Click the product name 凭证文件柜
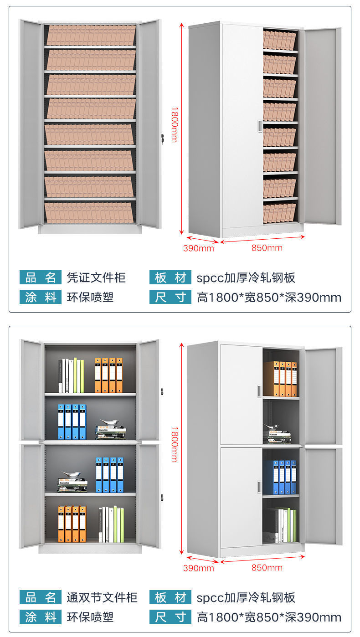tap(96, 277)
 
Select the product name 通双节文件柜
tap(102, 597)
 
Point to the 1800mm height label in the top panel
tap(174, 124)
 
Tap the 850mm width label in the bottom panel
tap(267, 568)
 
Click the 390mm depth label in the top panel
tap(198, 248)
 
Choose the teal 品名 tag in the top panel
tap(40, 277)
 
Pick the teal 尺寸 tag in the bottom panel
tap(170, 617)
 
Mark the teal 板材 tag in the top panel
tap(170, 277)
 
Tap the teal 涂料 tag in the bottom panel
tap(40, 617)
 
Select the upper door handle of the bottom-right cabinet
tap(259, 390)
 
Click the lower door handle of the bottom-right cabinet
tap(259, 487)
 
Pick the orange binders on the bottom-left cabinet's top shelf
tap(108, 375)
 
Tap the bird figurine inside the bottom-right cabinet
tap(272, 427)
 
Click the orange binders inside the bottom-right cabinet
tap(280, 379)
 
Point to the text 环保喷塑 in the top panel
tap(90, 298)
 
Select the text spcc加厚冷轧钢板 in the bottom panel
tap(246, 597)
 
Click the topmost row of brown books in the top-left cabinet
tap(91, 35)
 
